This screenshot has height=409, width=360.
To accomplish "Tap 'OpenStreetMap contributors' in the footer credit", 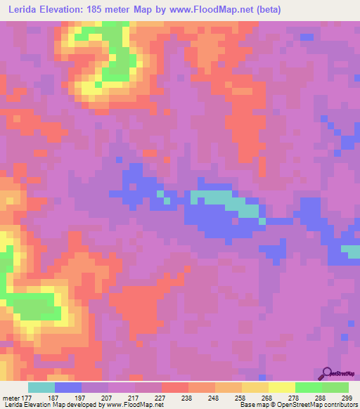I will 314,405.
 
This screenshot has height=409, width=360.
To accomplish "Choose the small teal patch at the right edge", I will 350,249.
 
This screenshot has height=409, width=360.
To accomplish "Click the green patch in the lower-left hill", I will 35,306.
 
